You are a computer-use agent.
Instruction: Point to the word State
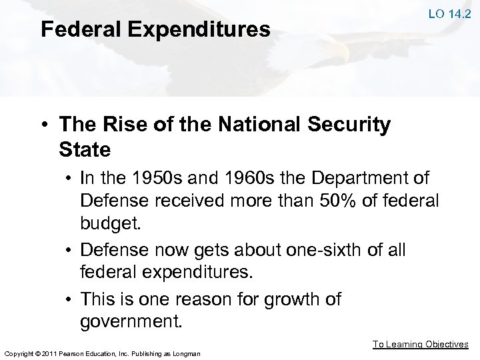(85, 149)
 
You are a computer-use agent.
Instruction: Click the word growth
(290, 299)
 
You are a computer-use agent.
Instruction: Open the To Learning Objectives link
(420, 344)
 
